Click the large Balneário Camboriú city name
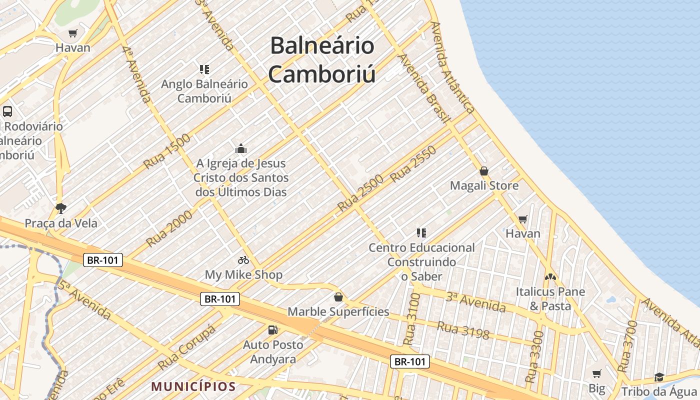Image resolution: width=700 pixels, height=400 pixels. coord(322,60)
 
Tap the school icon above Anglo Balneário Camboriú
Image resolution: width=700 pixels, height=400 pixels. coord(204,69)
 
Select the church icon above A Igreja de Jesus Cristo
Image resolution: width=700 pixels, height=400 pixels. coord(241,148)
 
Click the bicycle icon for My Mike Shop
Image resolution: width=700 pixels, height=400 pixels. coord(243,260)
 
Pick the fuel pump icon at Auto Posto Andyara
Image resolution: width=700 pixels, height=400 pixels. coord(273,330)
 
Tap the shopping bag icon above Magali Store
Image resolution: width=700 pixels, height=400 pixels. coord(484,171)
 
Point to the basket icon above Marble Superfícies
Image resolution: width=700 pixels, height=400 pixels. coord(338,297)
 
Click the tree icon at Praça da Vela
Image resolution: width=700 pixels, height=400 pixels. coord(61,208)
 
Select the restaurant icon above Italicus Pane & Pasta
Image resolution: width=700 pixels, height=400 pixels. coord(550,276)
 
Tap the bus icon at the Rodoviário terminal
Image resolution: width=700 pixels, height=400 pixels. coord(7,111)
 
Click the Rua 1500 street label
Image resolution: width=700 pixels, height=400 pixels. coord(166,151)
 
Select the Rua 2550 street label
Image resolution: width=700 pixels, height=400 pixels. coord(413,164)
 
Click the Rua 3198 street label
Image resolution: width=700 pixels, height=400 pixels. coord(463,330)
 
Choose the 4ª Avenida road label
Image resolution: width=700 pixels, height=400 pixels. coord(136,74)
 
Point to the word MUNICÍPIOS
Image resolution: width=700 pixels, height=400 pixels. coord(193,386)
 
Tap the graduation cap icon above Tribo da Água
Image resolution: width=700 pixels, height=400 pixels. coord(659,377)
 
